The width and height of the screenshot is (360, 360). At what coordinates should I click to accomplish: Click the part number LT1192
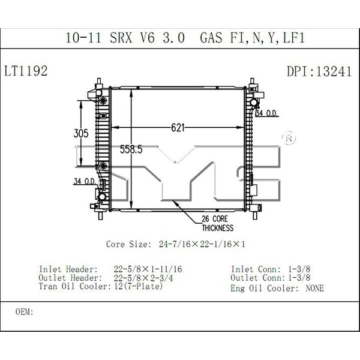(26, 71)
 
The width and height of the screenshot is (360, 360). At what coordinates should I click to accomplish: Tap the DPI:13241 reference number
(319, 71)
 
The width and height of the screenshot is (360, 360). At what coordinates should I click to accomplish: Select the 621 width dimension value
(178, 128)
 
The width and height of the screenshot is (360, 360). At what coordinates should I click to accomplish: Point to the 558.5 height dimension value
(131, 149)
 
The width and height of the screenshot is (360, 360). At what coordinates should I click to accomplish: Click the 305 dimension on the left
(81, 133)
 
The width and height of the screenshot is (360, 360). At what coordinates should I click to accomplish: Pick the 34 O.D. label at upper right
(267, 113)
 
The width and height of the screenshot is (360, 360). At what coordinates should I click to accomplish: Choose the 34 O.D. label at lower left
(85, 181)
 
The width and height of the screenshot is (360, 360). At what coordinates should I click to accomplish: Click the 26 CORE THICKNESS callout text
(217, 223)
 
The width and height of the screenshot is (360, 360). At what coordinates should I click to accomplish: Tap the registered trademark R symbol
(289, 138)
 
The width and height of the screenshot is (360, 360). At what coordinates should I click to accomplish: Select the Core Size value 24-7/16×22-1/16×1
(202, 244)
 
